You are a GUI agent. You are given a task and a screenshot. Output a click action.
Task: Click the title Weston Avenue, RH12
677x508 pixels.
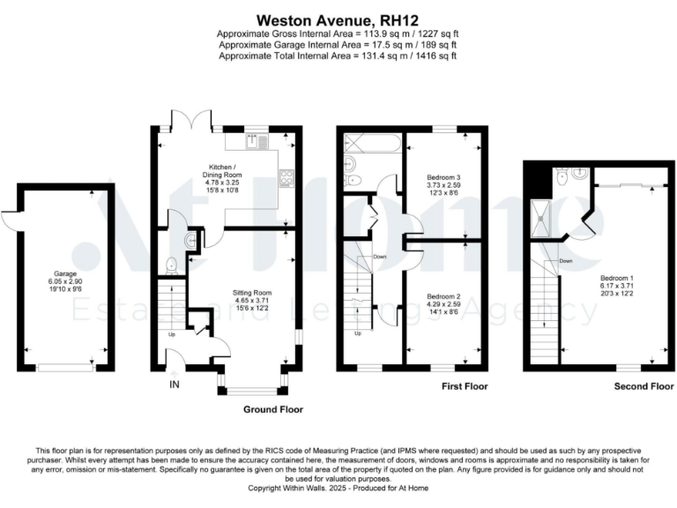(x=338, y=18)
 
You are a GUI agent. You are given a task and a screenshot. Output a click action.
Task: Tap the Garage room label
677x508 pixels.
(x=63, y=273)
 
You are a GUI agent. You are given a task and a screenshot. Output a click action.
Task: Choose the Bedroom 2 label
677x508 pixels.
(x=443, y=296)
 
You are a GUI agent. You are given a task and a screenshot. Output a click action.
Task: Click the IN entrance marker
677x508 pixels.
(x=173, y=385)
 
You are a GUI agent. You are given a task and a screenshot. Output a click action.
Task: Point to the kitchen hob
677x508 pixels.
(x=286, y=178)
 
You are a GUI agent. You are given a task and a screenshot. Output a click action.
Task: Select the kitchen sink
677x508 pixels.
(x=253, y=141)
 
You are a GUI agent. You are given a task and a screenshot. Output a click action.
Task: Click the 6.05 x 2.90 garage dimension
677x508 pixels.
(x=63, y=282)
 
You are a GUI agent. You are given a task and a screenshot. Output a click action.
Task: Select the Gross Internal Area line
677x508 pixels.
(x=338, y=33)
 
